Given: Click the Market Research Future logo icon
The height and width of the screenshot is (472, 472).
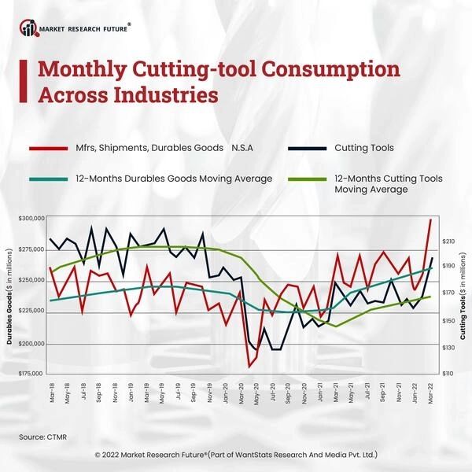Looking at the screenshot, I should [x=30, y=29].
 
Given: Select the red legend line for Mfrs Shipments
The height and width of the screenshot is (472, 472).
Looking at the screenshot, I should [x=50, y=147].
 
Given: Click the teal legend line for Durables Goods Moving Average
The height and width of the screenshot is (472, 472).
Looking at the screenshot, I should [x=50, y=179].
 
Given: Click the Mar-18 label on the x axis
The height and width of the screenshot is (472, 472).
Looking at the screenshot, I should [x=52, y=391].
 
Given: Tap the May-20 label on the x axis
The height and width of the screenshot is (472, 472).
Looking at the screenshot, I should [x=257, y=391].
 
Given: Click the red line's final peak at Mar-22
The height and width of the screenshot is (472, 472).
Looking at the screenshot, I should [x=431, y=219].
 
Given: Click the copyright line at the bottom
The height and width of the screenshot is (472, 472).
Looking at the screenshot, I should [x=236, y=454].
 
